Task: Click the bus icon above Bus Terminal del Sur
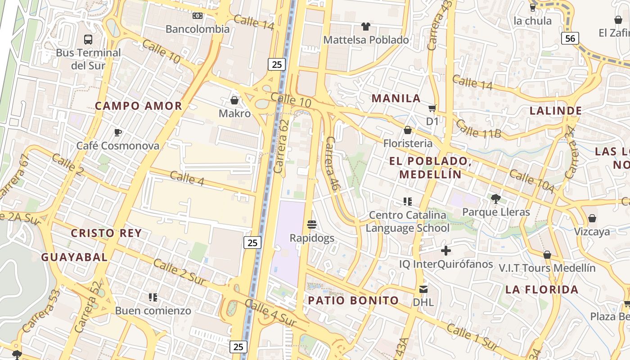click(x=88, y=39)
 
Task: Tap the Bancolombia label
click(x=198, y=29)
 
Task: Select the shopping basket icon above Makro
click(x=234, y=100)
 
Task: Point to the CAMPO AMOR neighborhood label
click(x=139, y=106)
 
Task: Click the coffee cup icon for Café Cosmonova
click(x=117, y=132)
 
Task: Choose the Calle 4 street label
click(x=188, y=178)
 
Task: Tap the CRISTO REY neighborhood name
click(x=106, y=233)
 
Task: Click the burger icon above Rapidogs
click(x=311, y=224)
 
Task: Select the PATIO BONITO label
click(x=353, y=300)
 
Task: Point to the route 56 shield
click(x=570, y=38)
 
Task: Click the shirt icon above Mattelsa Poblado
click(x=366, y=27)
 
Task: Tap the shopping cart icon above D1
click(x=432, y=108)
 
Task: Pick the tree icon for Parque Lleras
click(x=496, y=198)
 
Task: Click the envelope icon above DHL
click(x=423, y=289)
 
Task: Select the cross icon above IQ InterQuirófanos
click(x=446, y=251)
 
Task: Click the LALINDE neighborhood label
click(x=555, y=111)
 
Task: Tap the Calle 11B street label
click(x=478, y=128)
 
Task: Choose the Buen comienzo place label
click(x=153, y=310)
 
